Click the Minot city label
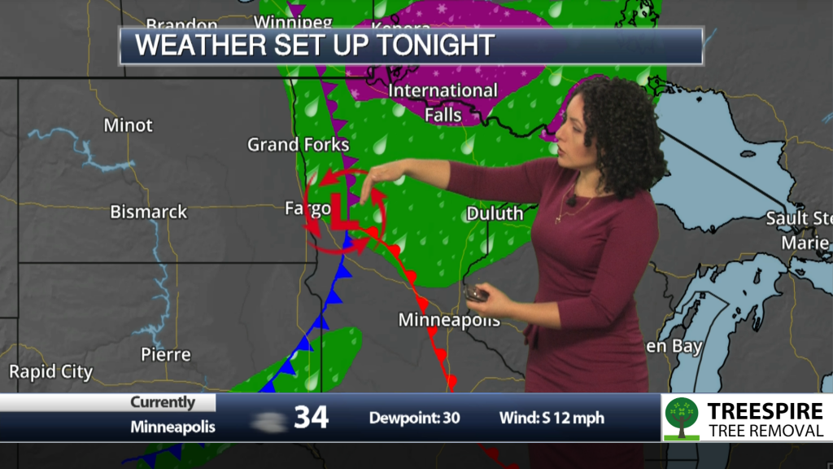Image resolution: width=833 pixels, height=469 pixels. [129, 125]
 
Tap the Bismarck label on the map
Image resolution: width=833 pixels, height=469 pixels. [149, 212]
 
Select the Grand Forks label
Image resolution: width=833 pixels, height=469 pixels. [298, 145]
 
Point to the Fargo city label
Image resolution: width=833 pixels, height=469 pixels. [307, 208]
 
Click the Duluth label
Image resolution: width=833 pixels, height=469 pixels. [495, 214]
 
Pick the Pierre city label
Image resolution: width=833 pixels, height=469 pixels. [166, 354]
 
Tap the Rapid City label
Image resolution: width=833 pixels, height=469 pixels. [50, 372]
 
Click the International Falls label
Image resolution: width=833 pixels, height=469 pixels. [443, 102]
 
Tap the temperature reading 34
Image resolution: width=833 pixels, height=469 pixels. [311, 418]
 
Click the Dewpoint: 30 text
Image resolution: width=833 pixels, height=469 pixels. [415, 419]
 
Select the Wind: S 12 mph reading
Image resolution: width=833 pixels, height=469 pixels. [552, 419]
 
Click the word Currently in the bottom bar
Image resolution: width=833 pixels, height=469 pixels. [163, 402]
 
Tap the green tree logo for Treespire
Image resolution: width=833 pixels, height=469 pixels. [681, 418]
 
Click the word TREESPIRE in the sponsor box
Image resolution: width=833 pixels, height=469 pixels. [765, 410]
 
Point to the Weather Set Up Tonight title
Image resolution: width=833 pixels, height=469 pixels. [315, 45]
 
